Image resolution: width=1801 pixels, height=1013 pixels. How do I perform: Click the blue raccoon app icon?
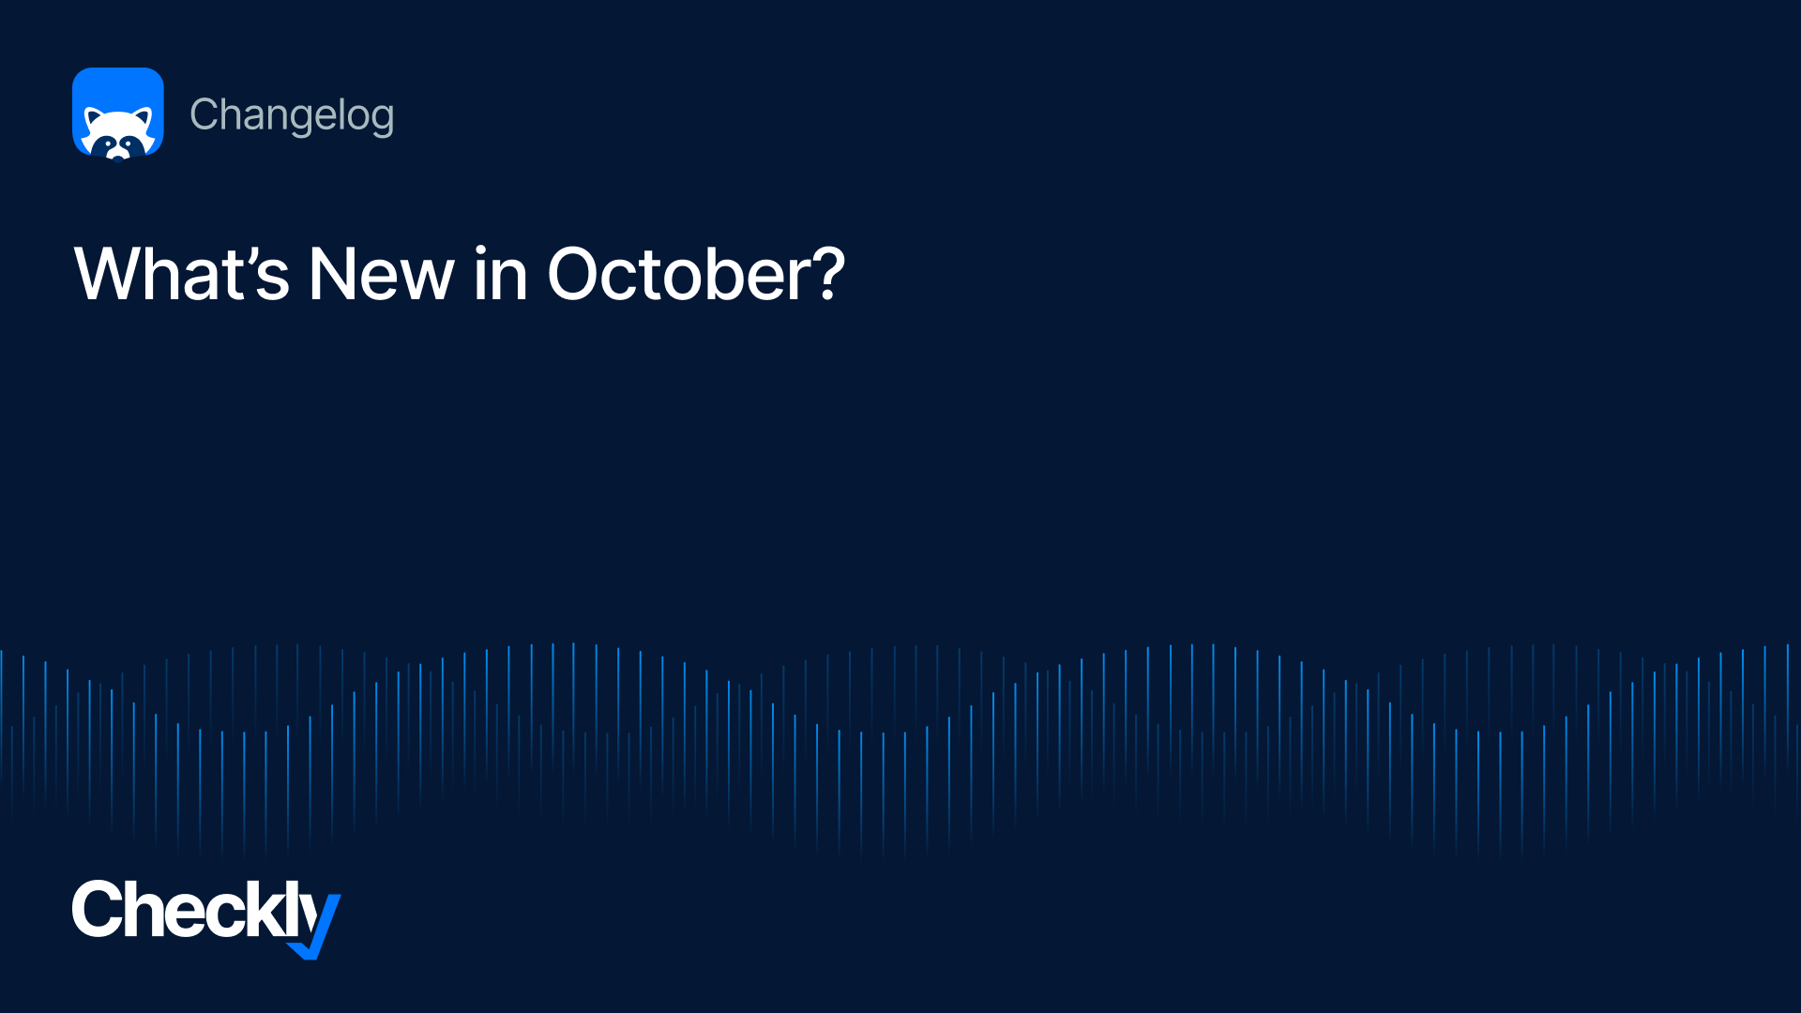click(x=118, y=113)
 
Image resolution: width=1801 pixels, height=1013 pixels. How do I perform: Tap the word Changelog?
click(x=292, y=115)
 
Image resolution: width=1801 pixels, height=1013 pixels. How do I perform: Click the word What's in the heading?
click(x=182, y=274)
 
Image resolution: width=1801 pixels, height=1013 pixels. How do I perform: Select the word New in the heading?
click(x=381, y=274)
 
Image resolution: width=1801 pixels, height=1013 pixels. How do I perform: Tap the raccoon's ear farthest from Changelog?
click(x=93, y=117)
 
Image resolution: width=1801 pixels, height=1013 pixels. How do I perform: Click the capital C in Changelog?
click(x=204, y=114)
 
